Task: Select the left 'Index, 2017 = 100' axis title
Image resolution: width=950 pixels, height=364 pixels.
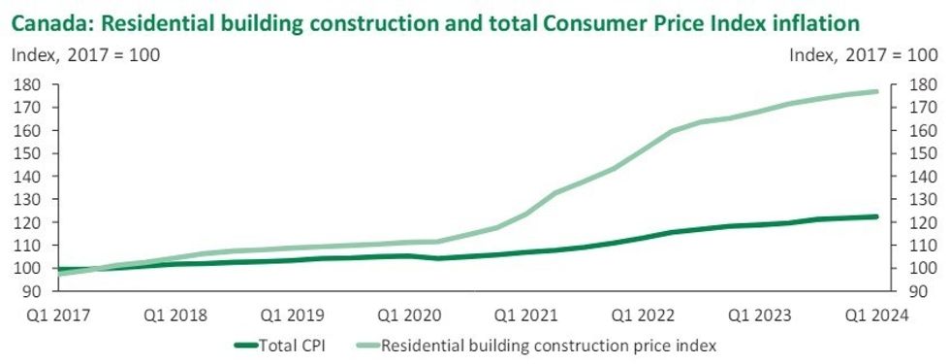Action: click(x=85, y=55)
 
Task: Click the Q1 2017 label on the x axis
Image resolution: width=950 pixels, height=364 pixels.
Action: click(x=39, y=314)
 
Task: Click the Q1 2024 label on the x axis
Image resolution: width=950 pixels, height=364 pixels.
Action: click(x=877, y=314)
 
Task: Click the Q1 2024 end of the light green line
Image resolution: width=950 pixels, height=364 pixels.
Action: click(x=876, y=91)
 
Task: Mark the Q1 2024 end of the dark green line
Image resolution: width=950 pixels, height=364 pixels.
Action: click(x=876, y=216)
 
